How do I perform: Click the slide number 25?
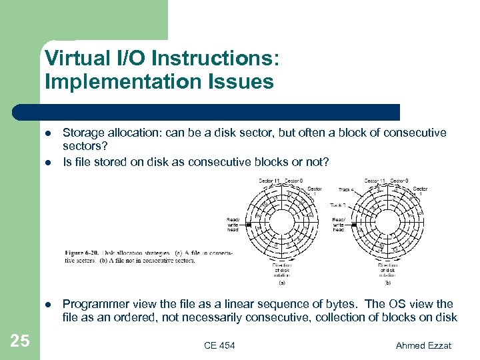click(x=20, y=341)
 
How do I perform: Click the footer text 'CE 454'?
click(x=219, y=345)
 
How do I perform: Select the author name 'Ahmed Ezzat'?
click(x=424, y=345)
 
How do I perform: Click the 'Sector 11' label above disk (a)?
click(x=269, y=181)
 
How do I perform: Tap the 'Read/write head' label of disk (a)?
click(x=233, y=224)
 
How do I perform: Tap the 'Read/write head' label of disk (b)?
click(x=339, y=224)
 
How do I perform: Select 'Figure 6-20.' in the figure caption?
click(x=83, y=253)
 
